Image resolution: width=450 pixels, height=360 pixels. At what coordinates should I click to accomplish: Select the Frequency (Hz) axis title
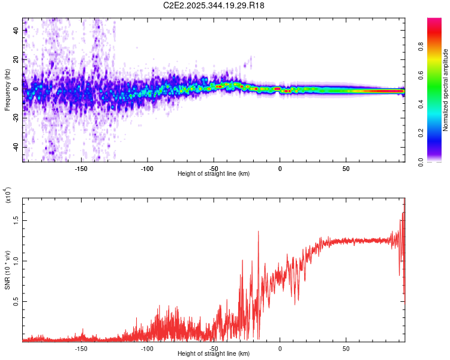point(7,90)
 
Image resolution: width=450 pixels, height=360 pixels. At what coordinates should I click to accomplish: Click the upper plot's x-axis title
point(214,174)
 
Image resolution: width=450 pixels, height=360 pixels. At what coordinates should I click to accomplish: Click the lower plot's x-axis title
point(214,354)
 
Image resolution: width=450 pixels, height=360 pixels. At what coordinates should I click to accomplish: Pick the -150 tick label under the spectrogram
point(82,168)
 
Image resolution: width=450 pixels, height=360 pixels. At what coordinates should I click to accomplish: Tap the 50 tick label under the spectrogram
point(346,168)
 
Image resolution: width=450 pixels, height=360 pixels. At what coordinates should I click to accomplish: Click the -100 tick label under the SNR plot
point(148,348)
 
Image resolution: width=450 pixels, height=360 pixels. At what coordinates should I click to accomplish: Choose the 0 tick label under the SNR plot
point(280,348)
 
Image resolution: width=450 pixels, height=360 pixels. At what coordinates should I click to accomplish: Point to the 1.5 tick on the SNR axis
point(16,220)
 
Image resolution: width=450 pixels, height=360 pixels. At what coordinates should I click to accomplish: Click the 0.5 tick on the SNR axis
point(16,301)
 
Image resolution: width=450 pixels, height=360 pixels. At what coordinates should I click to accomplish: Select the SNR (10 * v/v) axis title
point(7,270)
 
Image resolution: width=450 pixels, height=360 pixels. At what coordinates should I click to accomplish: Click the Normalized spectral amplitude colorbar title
point(445,90)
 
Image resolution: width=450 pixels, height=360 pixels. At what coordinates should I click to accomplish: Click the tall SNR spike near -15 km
point(259,233)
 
